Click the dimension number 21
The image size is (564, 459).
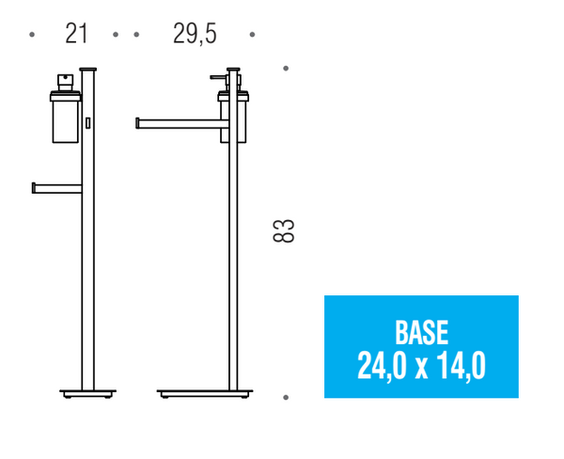[x=76, y=34]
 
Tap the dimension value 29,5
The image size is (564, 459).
[x=195, y=34]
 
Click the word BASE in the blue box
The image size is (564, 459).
[x=421, y=332]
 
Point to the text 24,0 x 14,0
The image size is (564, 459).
[x=421, y=365]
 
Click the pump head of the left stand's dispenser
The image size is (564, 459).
[x=66, y=80]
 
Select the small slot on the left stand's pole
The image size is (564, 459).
[x=88, y=123]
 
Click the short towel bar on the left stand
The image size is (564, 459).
[x=56, y=187]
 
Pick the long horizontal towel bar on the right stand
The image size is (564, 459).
[x=179, y=120]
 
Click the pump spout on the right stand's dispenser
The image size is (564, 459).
[x=215, y=75]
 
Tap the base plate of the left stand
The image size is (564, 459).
[x=87, y=391]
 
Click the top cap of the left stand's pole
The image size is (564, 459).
[x=88, y=67]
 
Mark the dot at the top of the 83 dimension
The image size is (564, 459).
[x=286, y=68]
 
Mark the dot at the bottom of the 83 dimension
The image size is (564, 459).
[x=286, y=398]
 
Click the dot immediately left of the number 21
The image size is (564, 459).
[x=33, y=35]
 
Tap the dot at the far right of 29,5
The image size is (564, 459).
[x=252, y=35]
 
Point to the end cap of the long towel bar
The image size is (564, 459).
[x=138, y=120]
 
